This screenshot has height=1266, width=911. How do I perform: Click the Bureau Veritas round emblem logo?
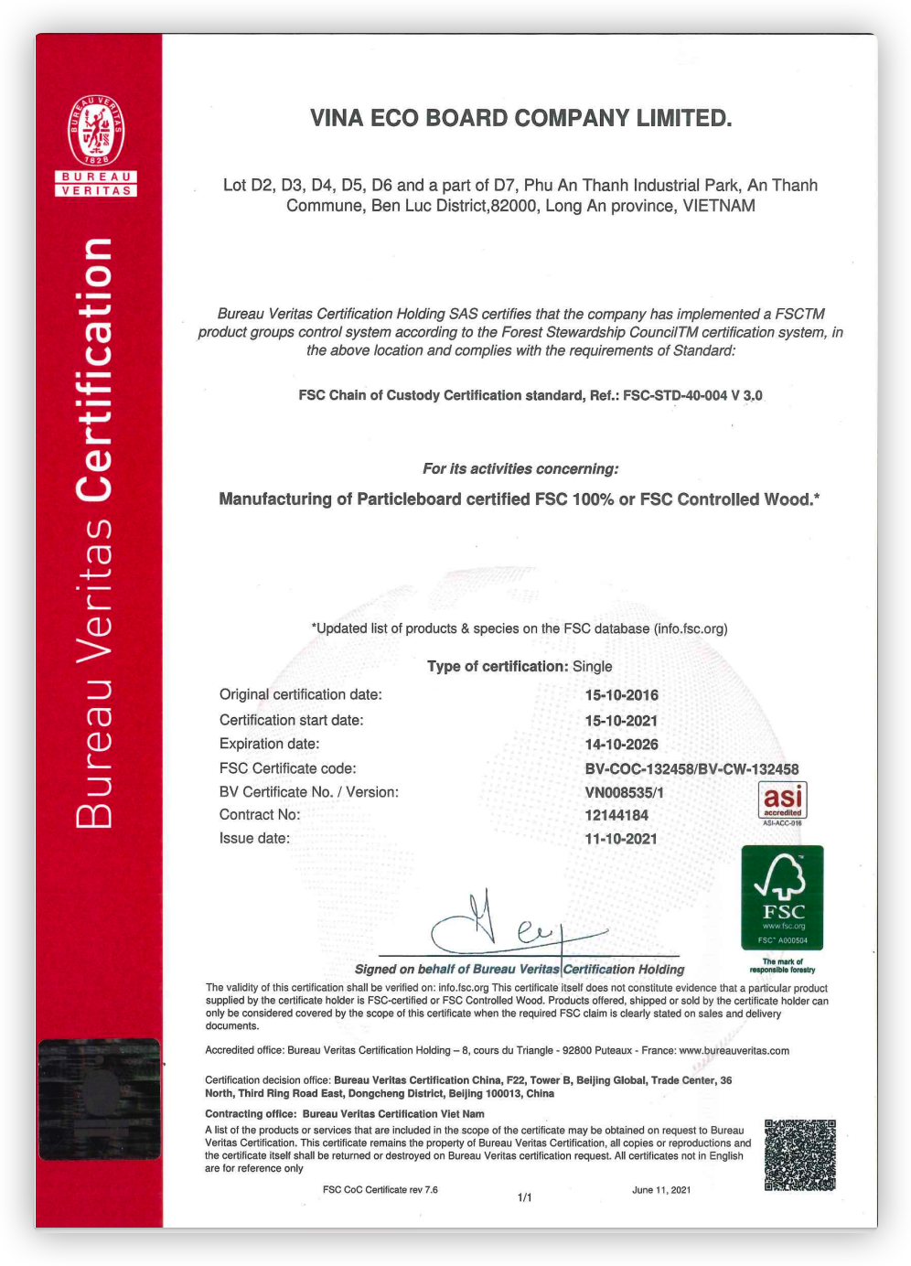click(96, 131)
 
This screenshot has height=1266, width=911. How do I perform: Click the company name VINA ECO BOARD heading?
click(520, 118)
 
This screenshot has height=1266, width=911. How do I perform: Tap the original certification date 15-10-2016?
click(621, 695)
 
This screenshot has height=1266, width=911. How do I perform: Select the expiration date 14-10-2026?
click(621, 745)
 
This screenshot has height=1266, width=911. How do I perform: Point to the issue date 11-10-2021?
click(621, 839)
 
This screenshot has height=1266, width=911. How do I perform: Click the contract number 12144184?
click(616, 815)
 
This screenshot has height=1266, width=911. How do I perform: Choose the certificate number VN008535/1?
click(624, 792)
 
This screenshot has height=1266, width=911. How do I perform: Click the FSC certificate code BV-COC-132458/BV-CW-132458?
click(691, 769)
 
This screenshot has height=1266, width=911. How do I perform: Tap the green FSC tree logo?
click(782, 896)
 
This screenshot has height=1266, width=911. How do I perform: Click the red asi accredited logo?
click(783, 800)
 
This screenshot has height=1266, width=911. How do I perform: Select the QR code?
click(799, 1154)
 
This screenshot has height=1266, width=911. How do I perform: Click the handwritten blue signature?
click(512, 925)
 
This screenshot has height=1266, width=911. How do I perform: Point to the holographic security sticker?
click(99, 1098)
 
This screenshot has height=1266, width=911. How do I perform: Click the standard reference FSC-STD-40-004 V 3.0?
click(692, 395)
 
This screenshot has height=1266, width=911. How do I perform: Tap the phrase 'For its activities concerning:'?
click(520, 469)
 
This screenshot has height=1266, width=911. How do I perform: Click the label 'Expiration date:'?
click(269, 744)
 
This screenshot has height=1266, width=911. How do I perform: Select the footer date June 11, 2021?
click(661, 1190)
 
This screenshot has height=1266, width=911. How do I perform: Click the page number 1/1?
click(524, 1197)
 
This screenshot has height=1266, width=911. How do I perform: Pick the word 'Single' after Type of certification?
click(593, 667)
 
